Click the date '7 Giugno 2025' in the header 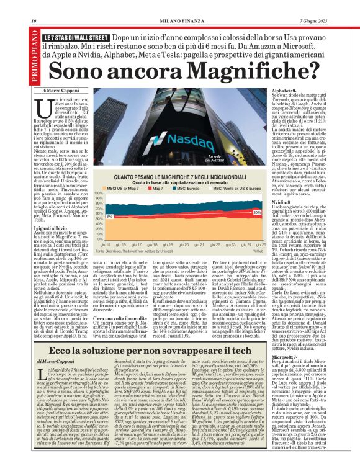pos(336,5)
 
